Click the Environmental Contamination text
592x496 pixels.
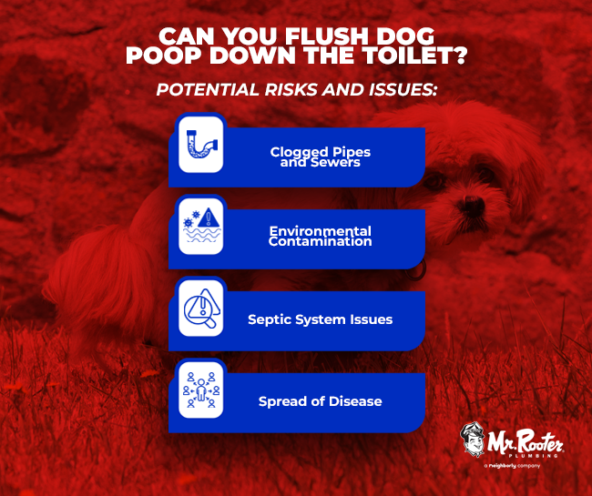click(320, 236)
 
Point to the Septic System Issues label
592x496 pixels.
click(320, 319)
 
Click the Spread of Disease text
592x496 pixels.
click(320, 400)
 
